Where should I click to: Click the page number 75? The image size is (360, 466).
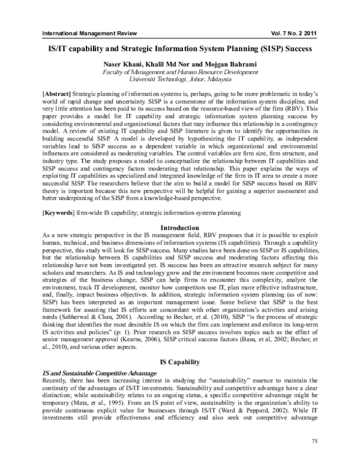click(315, 441)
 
